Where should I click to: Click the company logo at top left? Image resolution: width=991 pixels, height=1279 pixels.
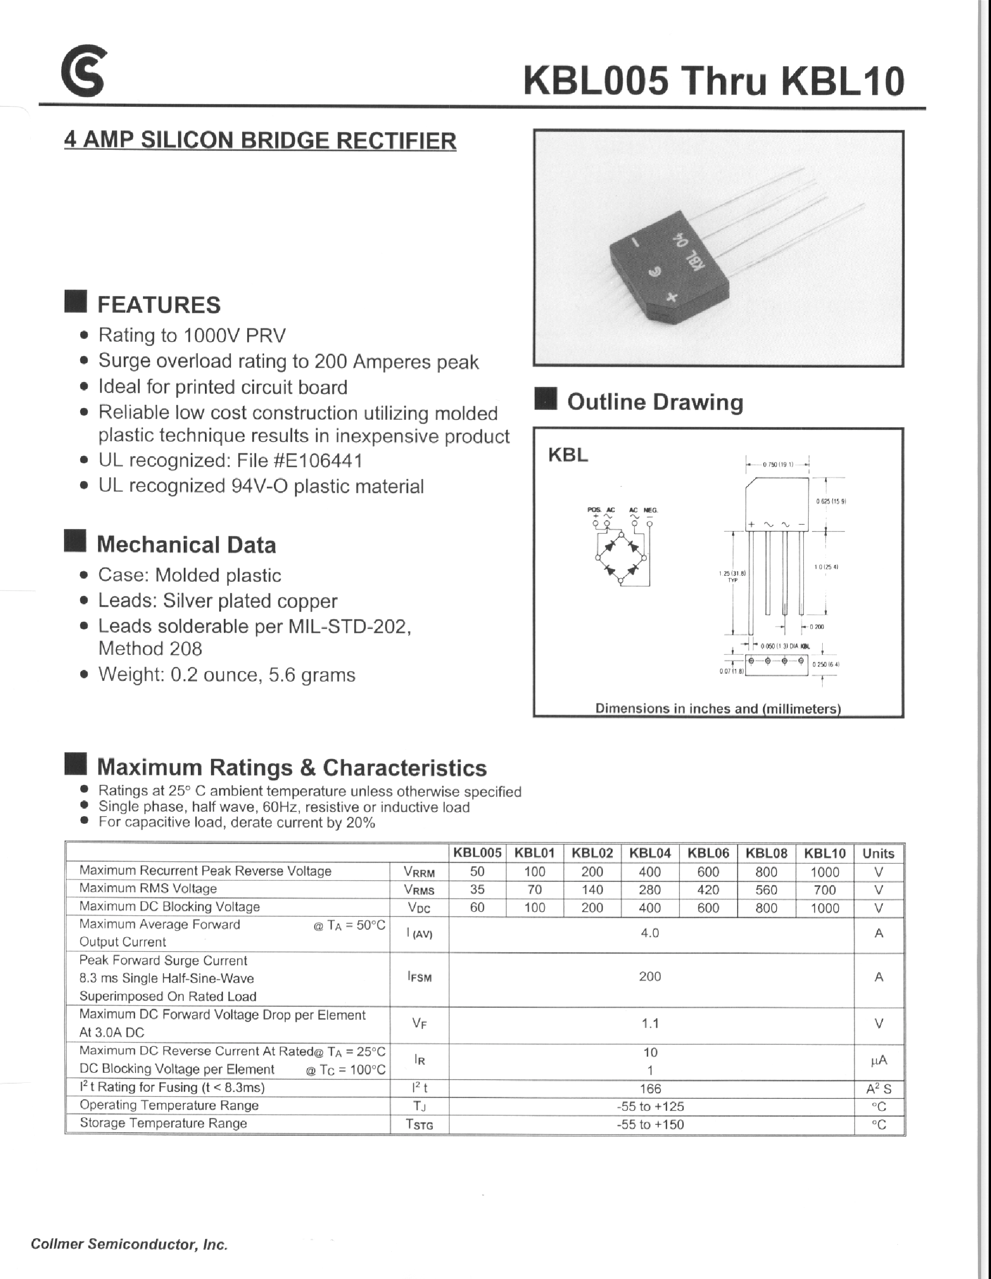coord(84,71)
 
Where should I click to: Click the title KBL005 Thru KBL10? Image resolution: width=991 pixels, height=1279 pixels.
coord(714,81)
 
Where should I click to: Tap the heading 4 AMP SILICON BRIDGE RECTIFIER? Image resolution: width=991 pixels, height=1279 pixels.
coord(260,140)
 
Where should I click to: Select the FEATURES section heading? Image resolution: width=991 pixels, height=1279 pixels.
coord(159,305)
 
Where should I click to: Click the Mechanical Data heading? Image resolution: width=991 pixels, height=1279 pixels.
coord(186,545)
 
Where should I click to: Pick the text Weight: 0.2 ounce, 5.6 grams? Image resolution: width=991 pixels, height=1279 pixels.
coord(226,675)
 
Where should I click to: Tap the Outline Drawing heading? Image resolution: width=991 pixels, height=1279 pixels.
coord(655,402)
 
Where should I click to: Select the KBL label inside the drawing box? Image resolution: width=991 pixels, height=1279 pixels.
coord(568,455)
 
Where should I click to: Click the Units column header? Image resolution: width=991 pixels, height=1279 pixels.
coord(878,853)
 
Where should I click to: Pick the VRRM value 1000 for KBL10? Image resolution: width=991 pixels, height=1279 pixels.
coord(824,872)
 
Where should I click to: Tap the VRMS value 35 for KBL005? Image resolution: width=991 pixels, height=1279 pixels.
coord(477,889)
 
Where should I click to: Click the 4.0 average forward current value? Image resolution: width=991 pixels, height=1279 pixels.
coord(650,933)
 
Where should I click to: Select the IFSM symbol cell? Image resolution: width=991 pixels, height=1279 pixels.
coord(419,977)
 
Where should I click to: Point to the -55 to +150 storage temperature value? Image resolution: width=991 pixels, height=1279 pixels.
coord(650,1124)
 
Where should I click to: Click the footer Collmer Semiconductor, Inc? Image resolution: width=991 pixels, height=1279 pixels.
coord(129,1244)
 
